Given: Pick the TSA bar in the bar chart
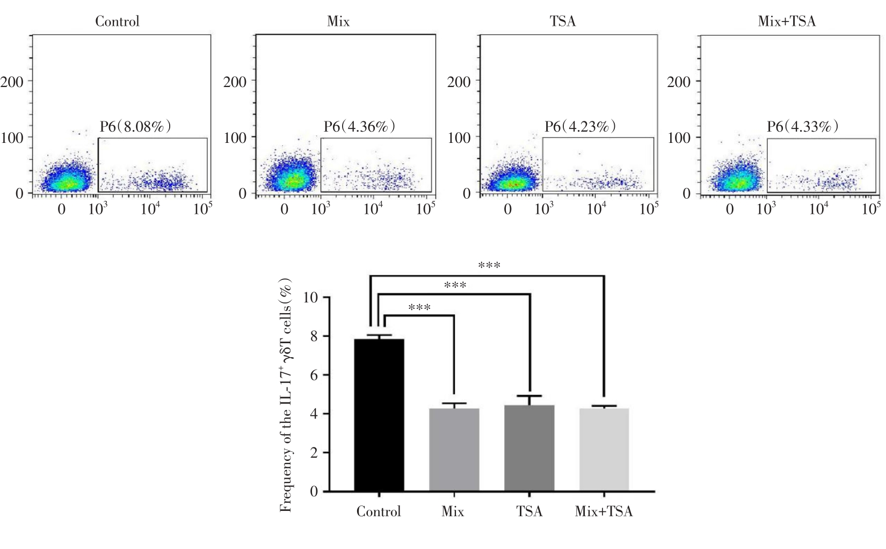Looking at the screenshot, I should pos(529,448).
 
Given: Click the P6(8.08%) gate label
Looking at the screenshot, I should pos(135,127).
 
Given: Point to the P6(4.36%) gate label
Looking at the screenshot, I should pos(359,127).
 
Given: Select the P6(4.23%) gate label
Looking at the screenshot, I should pos(580,127).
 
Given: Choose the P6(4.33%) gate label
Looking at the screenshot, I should pos(802,127).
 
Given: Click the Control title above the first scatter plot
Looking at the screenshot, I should pos(117,21).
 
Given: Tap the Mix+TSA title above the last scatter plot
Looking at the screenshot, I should pos(787,21).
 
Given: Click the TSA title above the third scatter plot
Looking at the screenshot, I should pos(562,21).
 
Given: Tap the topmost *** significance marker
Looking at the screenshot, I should pos(489,265).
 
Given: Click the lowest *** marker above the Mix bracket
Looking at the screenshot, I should pos(419,308).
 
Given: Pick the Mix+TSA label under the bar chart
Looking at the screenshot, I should pos(604,511).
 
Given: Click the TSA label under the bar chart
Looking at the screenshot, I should pos(529,511).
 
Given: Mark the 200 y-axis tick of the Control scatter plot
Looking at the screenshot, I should pos(12,82).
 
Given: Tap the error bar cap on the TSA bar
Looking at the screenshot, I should pos(529,396).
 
